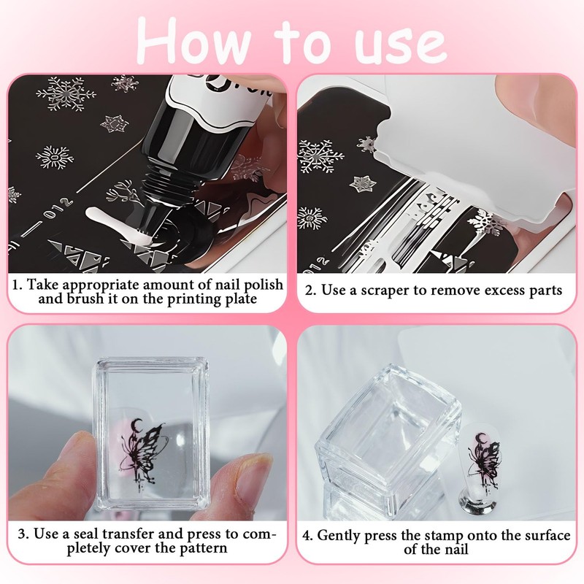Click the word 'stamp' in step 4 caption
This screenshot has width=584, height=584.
coord(443,535)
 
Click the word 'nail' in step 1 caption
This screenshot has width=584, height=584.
coord(217,284)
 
